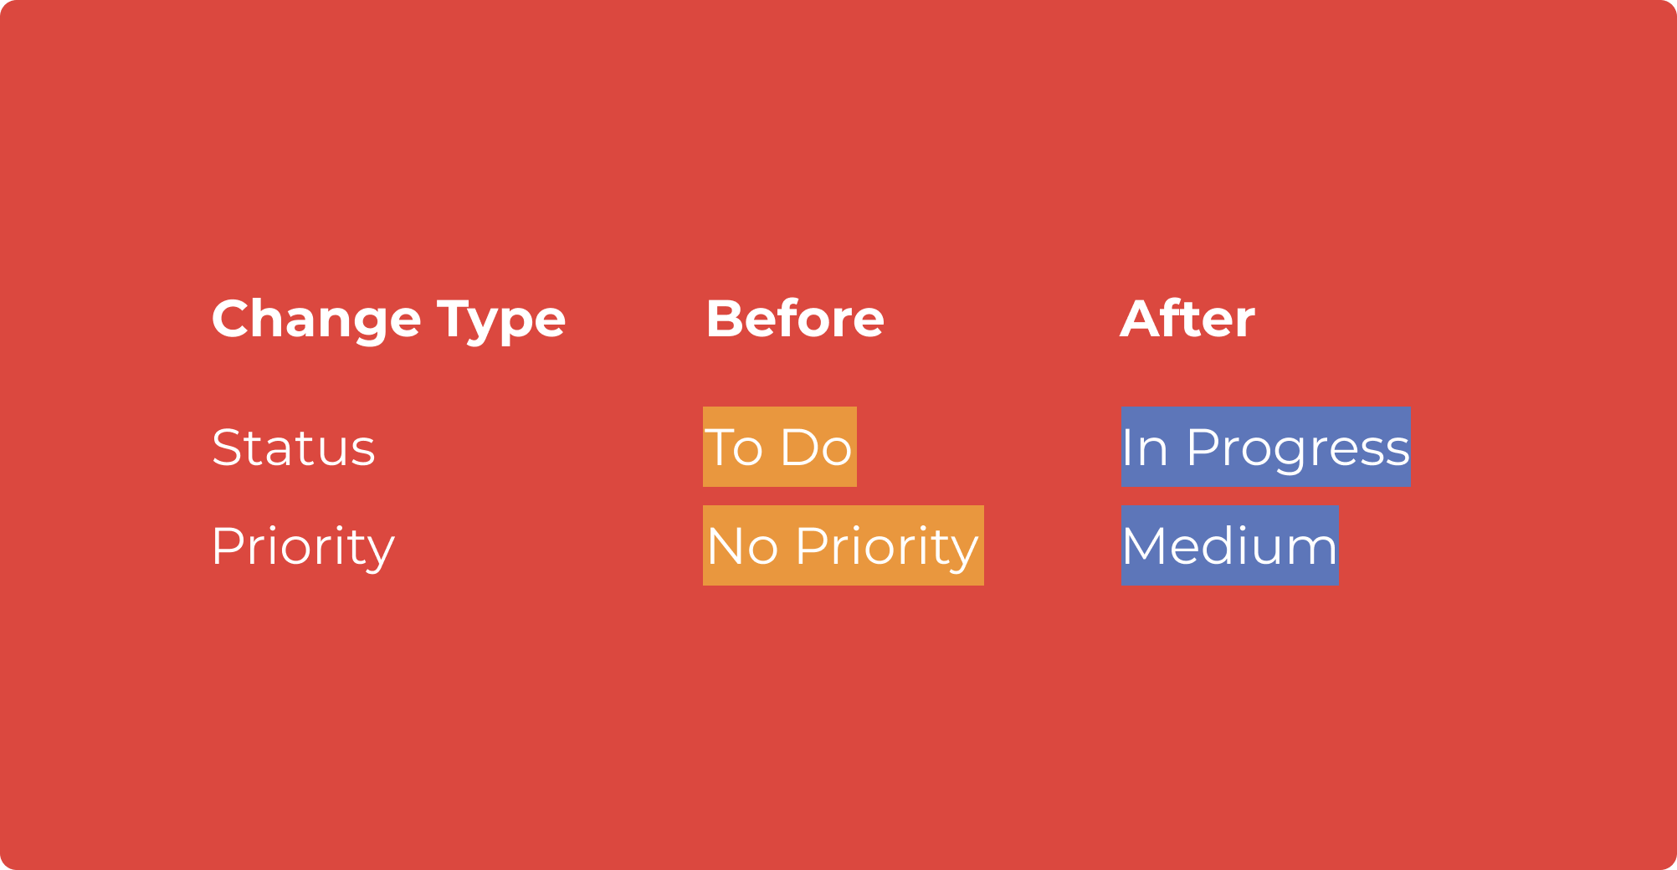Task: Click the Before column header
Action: (795, 319)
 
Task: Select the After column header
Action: (1187, 319)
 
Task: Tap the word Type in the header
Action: (501, 321)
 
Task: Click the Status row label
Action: (294, 448)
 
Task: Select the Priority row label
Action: (303, 547)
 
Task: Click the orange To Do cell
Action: (780, 447)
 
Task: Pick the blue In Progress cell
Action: (1265, 447)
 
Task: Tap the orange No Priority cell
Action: (844, 545)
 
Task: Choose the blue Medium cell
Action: (1229, 545)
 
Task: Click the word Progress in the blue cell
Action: (1298, 450)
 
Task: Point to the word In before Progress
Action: (1145, 448)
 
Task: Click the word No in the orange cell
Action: (743, 547)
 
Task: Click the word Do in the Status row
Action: (816, 448)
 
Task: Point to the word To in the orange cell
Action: (734, 448)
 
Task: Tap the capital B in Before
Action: (725, 319)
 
